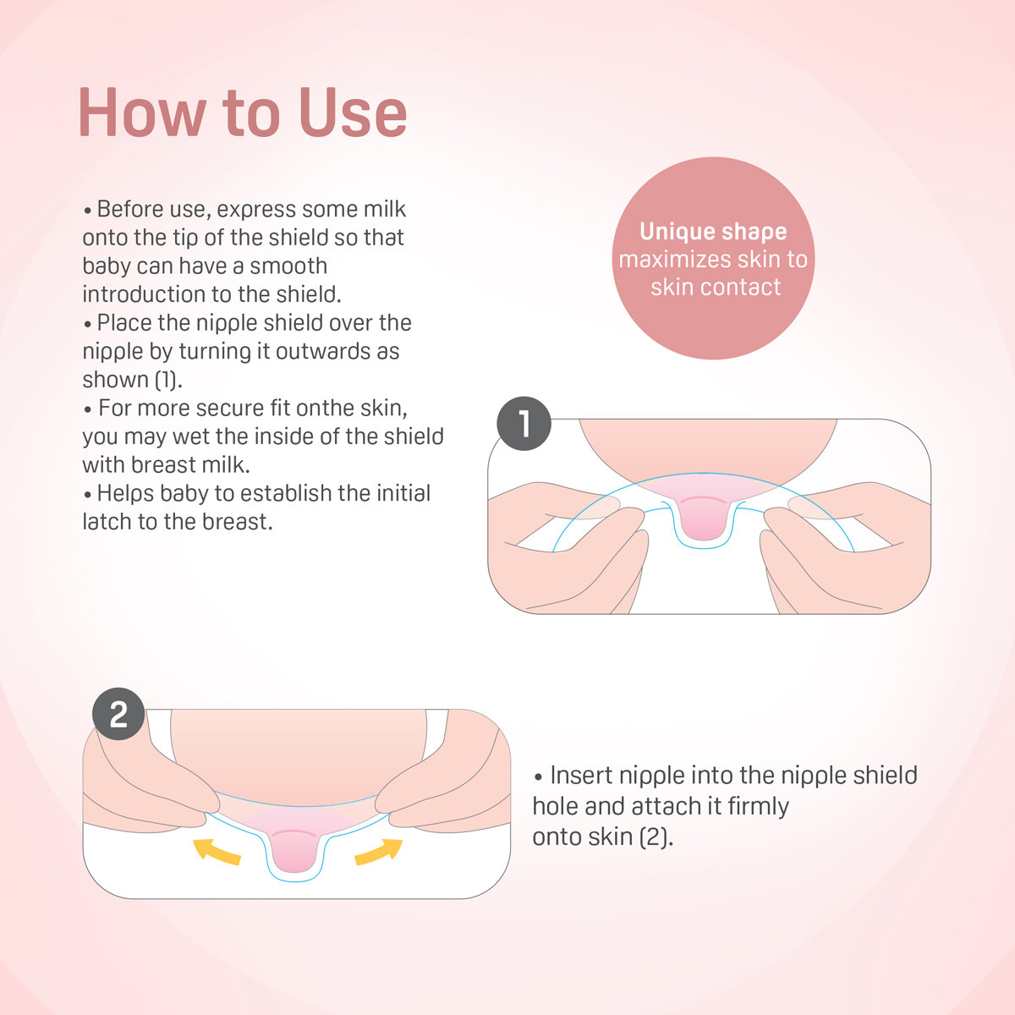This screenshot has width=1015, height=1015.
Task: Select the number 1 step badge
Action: click(x=524, y=423)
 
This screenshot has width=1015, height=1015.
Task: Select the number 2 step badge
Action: click(x=118, y=715)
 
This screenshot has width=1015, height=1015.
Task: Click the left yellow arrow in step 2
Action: click(x=217, y=850)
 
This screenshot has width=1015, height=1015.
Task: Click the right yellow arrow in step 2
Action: click(x=378, y=850)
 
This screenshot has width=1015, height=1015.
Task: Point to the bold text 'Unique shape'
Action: click(x=713, y=231)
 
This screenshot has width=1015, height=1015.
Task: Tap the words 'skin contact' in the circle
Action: click(x=716, y=287)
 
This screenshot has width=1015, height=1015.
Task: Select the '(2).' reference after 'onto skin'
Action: click(x=656, y=837)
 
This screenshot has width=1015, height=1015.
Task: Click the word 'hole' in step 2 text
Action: click(x=555, y=806)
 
